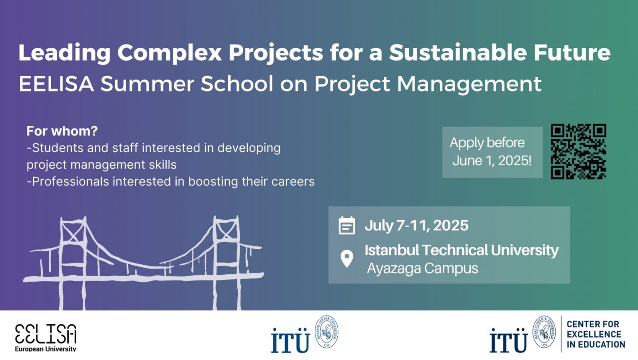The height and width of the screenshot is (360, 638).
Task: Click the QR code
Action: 578,151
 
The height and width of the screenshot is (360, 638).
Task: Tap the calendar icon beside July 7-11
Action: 347,225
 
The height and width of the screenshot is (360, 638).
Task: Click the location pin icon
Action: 347,259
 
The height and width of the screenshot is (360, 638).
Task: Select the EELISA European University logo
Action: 45,337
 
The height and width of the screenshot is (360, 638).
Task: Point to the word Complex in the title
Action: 170,53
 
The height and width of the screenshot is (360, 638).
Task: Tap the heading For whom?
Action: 62,131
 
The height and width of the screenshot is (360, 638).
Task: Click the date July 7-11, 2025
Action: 416,225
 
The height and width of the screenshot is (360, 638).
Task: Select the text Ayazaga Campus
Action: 422,268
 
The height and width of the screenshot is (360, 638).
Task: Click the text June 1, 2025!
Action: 492,161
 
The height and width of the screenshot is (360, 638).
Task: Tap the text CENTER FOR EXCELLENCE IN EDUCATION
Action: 595,334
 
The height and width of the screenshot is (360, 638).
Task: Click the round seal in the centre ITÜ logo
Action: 327,332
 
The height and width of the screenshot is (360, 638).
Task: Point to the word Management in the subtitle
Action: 469,84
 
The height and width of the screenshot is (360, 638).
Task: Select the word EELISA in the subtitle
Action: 56,84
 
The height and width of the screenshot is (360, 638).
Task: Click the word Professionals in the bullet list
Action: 71,181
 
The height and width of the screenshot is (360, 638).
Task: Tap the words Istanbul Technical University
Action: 461,250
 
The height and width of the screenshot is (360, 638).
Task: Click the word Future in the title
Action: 572,53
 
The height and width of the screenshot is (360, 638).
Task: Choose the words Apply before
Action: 487,143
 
